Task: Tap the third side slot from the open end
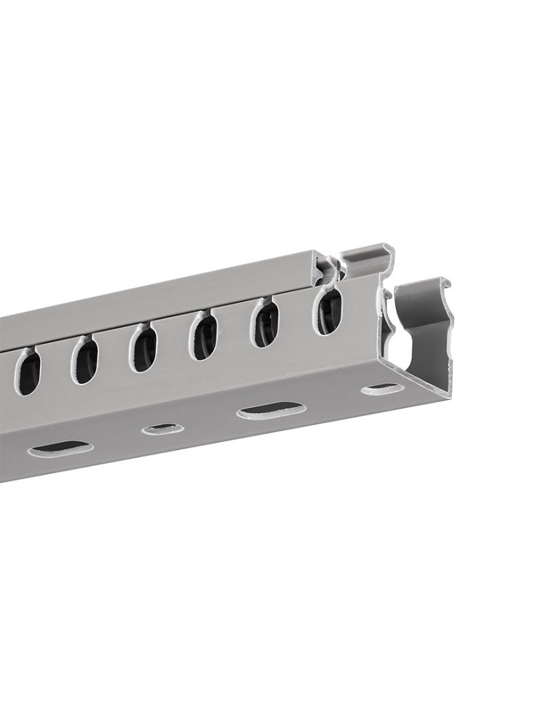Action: coord(204,337)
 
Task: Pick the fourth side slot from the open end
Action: coord(144,350)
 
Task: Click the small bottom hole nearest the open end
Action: coord(382,389)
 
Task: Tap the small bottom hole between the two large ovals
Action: coord(161,429)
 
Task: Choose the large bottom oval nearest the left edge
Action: coord(61,449)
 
